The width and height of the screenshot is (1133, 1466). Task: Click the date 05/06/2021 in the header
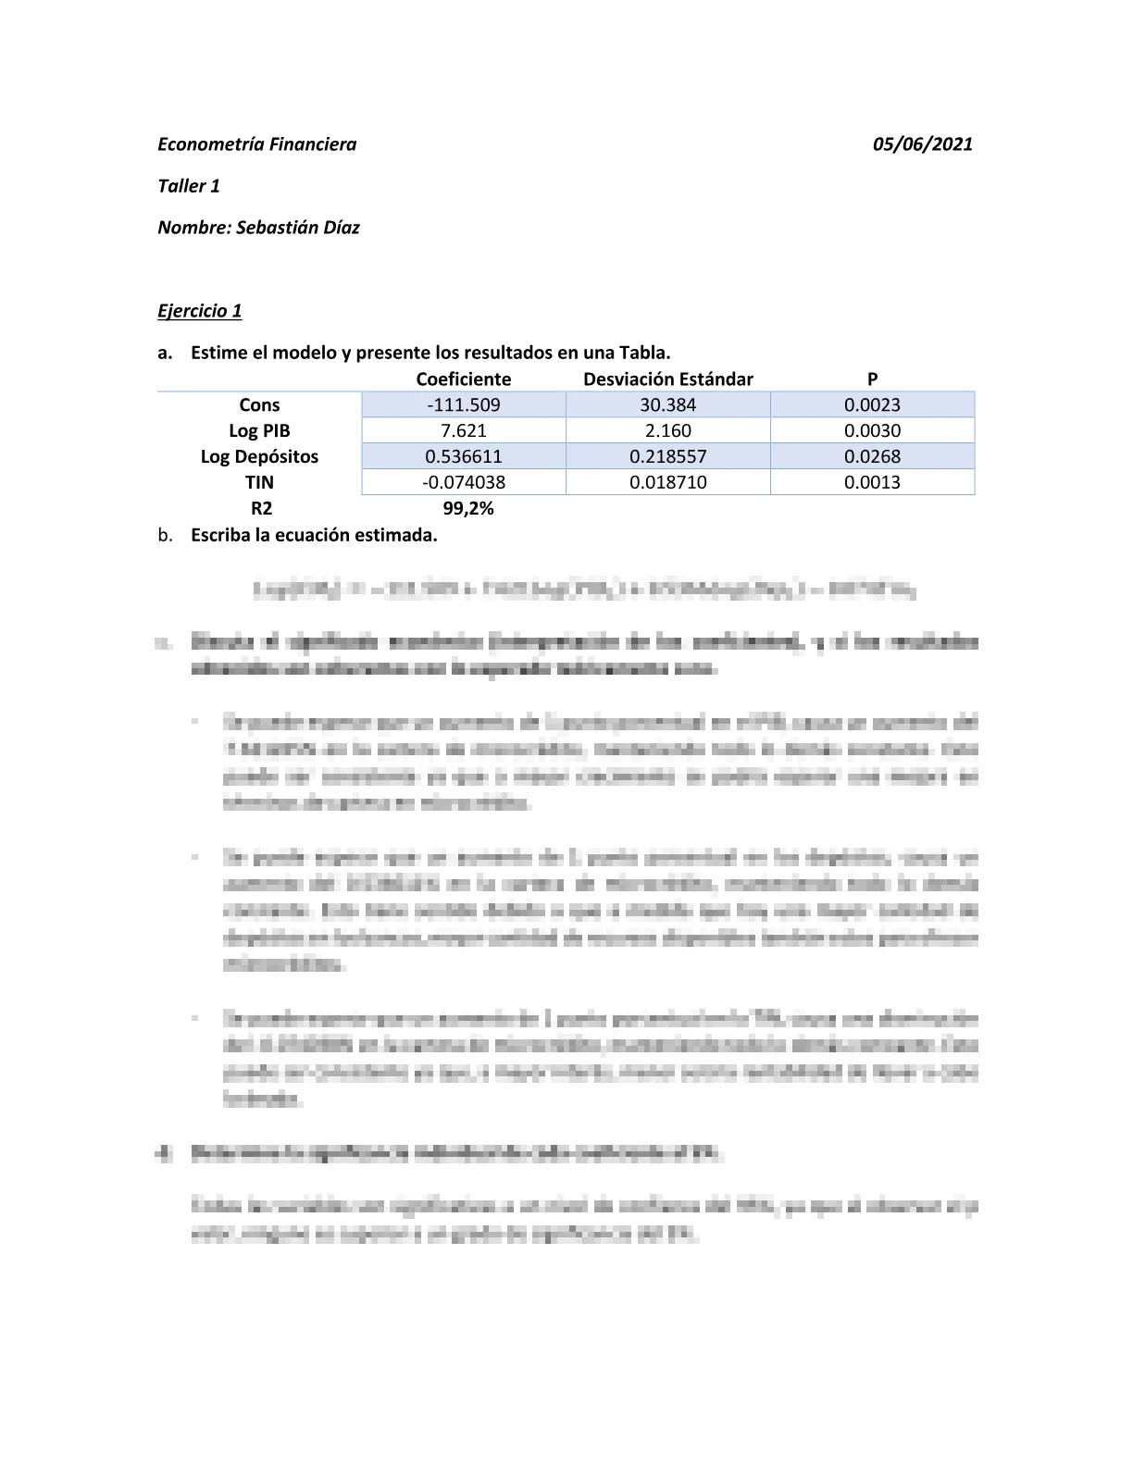coord(922,144)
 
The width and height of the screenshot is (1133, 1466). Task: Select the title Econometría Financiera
coord(256,144)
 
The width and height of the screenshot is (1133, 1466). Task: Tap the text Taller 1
coord(189,186)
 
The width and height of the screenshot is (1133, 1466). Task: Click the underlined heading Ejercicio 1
coord(199,311)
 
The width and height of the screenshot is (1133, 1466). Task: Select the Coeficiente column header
coord(463,379)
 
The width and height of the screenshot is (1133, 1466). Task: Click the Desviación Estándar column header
coord(667,379)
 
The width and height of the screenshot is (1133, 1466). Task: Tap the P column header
coord(872,379)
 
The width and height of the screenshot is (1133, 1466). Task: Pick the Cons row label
coord(259,404)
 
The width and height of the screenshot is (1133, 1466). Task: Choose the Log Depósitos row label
coord(259,456)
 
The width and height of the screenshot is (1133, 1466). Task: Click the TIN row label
coord(259,482)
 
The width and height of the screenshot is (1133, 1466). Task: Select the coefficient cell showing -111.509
coord(463,404)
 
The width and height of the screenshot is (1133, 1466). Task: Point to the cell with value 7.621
coord(463,430)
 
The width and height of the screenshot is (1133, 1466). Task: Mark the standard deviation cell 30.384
coord(667,404)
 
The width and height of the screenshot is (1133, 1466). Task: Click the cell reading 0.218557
coord(667,456)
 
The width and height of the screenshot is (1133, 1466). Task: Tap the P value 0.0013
coord(872,482)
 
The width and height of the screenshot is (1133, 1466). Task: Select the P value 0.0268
coord(872,456)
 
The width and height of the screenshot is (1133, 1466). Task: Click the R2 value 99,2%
coord(463,508)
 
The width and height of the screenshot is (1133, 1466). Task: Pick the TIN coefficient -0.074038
coord(463,482)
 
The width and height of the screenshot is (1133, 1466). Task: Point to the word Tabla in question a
coord(644,353)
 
